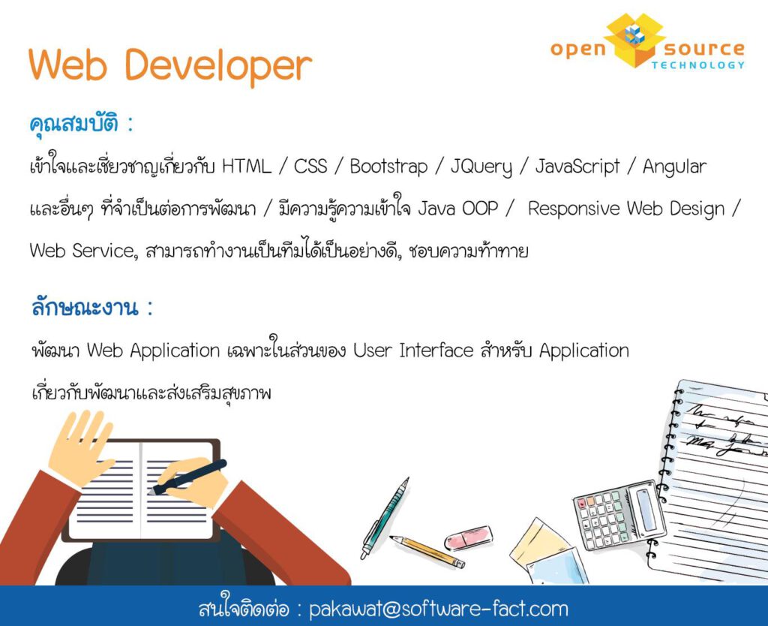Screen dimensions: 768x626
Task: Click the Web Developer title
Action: (x=170, y=66)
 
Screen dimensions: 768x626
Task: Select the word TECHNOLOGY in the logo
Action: (x=698, y=65)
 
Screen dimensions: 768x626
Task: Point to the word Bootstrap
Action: (x=389, y=167)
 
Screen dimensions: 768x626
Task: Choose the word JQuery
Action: (x=481, y=167)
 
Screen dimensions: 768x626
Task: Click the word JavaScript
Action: (x=577, y=167)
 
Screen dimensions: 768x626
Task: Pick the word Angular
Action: (x=674, y=167)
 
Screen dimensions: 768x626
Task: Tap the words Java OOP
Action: (x=458, y=209)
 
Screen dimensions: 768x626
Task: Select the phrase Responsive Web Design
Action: (x=626, y=209)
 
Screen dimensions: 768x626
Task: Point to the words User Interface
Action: (x=413, y=351)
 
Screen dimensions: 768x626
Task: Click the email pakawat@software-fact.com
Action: (x=439, y=609)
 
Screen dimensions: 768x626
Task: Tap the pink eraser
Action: (x=468, y=537)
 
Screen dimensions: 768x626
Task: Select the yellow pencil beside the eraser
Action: (x=427, y=552)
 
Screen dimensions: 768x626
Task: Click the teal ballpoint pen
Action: (x=385, y=518)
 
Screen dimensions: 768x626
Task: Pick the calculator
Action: (x=619, y=515)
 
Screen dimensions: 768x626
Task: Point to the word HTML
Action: (x=246, y=167)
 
